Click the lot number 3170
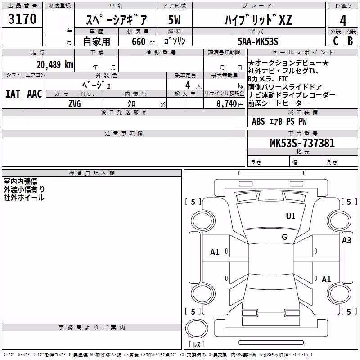pos(22,18)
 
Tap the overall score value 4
pos(343,21)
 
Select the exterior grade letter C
pos(336,41)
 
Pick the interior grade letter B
pos(350,41)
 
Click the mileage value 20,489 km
pos(55,64)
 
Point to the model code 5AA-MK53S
pos(258,41)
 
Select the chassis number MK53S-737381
pos(302,143)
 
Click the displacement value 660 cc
pos(143,41)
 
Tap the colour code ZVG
pos(75,104)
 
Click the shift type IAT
pos(13,94)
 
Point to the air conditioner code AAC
pos(35,94)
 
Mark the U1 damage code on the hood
pos(291,216)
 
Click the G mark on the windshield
pos(284,237)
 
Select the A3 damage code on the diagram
pos(346,240)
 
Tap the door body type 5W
pos(174,20)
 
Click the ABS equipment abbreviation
pos(258,121)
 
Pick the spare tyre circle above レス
pos(197,328)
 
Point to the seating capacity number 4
pos(188,85)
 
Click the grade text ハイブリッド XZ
pos(258,20)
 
